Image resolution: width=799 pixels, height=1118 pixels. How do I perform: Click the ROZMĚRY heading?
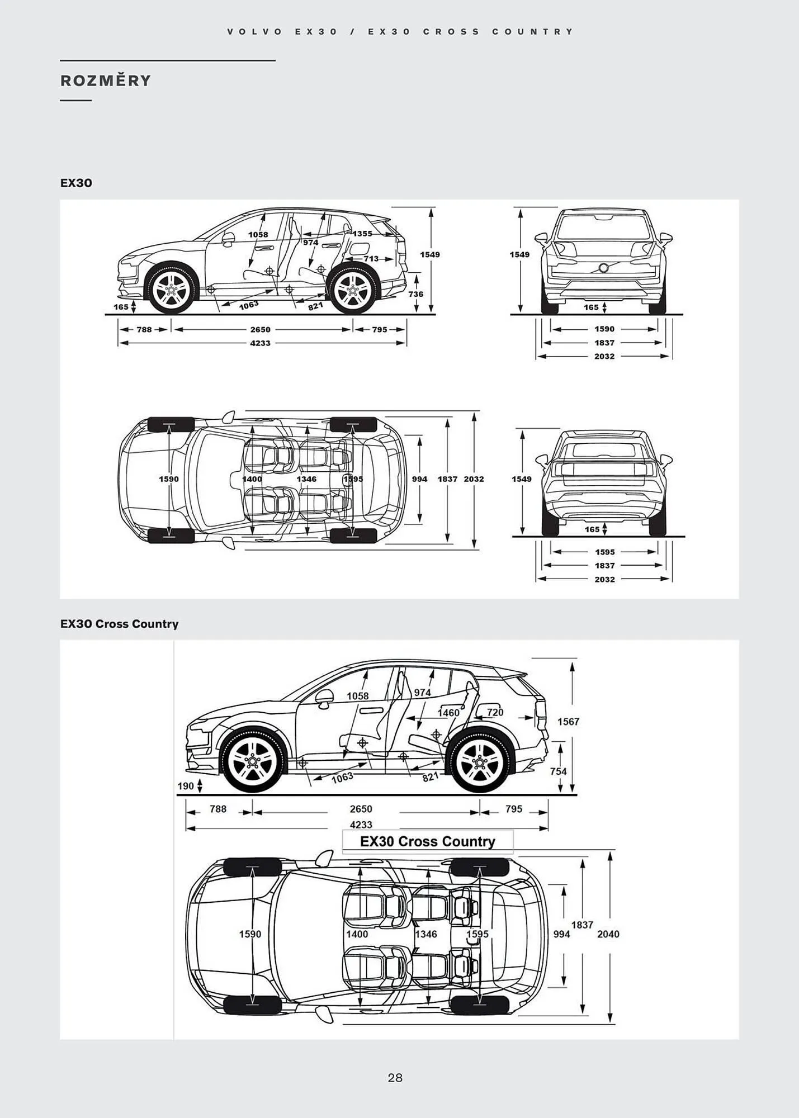[x=106, y=81]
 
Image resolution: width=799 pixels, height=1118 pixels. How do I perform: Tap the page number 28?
[x=395, y=1077]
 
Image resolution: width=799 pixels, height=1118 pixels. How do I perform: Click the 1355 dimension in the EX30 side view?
[x=362, y=234]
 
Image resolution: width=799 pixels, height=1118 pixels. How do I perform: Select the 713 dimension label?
[x=371, y=259]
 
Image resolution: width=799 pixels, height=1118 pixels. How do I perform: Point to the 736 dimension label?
[x=415, y=294]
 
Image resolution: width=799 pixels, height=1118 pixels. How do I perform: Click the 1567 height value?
[x=568, y=722]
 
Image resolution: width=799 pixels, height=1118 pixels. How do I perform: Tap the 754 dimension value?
[x=558, y=771]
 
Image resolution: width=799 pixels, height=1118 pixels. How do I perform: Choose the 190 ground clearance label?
[x=186, y=786]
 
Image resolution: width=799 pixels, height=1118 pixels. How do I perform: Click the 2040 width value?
[x=608, y=934]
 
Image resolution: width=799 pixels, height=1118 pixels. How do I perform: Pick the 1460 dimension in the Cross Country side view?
[x=448, y=713]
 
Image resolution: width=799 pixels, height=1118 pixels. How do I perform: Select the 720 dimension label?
[x=495, y=712]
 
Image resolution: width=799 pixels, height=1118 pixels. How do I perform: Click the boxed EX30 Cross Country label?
[x=428, y=841]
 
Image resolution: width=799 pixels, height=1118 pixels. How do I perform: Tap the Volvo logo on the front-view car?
[x=603, y=268]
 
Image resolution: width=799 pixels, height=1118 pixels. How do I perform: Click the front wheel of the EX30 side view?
[x=171, y=290]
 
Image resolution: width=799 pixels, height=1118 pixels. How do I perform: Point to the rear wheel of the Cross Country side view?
[x=479, y=762]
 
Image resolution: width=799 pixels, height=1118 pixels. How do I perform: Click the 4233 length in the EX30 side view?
[x=261, y=343]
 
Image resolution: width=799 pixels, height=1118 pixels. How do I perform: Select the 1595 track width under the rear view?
[x=604, y=552]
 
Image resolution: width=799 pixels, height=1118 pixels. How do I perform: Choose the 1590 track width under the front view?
[x=604, y=329]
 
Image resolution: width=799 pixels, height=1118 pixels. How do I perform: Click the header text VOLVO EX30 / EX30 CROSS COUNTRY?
[x=400, y=32]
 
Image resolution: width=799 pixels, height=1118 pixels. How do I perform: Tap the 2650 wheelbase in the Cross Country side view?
[x=361, y=809]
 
